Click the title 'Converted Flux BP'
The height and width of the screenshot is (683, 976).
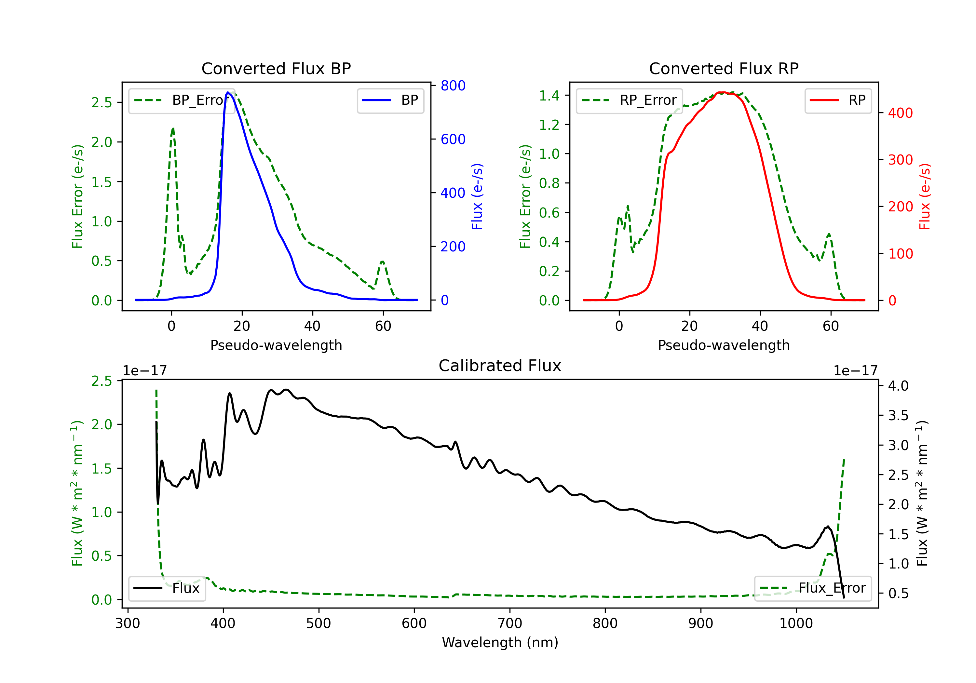276,68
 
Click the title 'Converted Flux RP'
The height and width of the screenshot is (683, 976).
724,68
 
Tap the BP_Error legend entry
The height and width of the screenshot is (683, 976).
182,100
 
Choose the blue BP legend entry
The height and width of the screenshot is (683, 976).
390,100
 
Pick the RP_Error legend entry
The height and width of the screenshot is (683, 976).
629,100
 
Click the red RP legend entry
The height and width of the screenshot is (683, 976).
837,100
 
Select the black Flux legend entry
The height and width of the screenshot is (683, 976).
167,588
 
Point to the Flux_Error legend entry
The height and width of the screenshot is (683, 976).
813,588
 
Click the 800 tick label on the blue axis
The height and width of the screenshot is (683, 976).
453,86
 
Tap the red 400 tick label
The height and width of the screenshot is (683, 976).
900,113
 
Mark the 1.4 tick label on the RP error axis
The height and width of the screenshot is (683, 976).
549,96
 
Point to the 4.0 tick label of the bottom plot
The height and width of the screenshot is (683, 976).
898,386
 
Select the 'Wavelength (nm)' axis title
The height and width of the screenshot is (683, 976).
500,642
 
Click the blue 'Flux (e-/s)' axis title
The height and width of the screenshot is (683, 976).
477,196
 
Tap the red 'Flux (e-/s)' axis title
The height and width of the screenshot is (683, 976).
925,196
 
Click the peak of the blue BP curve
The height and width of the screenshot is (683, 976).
228,92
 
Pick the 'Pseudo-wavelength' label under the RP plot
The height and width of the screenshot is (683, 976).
724,345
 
